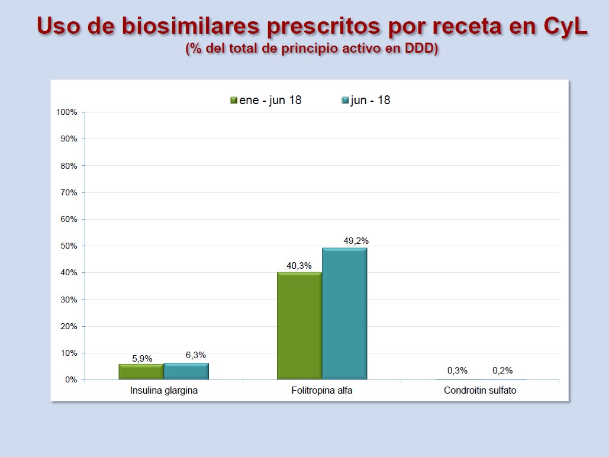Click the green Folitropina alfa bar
(299, 326)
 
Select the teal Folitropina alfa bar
(344, 314)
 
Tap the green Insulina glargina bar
(141, 372)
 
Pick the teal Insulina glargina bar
(186, 371)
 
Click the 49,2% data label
(356, 241)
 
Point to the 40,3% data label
(299, 266)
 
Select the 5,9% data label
(142, 358)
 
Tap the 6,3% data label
(195, 355)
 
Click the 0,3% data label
(457, 371)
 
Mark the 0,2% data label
(502, 371)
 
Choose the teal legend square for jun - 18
(346, 101)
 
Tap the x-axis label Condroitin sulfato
(479, 391)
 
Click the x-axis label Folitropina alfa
(322, 391)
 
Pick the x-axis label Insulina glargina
(164, 391)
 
